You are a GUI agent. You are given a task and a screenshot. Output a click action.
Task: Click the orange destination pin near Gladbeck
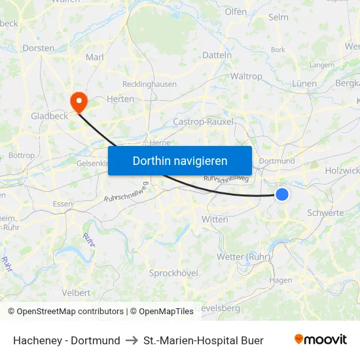point(78,100)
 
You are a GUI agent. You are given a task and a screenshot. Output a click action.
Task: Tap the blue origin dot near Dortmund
point(282,194)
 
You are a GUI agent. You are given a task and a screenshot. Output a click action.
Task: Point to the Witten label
point(215,219)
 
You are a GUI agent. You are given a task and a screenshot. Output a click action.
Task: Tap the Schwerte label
point(325,213)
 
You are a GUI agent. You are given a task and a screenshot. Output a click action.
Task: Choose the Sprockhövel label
point(173,272)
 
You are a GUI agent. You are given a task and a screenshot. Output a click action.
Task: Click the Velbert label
point(77,292)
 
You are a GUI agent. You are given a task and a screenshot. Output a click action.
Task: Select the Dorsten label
point(39,48)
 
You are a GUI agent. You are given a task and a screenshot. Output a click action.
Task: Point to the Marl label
point(95,57)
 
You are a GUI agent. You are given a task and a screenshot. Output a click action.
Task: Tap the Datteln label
point(217,55)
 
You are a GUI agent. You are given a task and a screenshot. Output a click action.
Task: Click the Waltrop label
point(246,76)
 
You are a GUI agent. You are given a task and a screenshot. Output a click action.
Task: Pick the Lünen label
point(304,83)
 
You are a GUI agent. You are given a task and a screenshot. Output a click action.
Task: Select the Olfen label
point(236,12)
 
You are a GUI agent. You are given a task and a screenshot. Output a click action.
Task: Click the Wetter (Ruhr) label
point(243,257)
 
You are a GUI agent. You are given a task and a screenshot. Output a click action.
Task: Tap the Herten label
point(120,99)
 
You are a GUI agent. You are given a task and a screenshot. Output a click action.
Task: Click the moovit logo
point(321,340)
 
